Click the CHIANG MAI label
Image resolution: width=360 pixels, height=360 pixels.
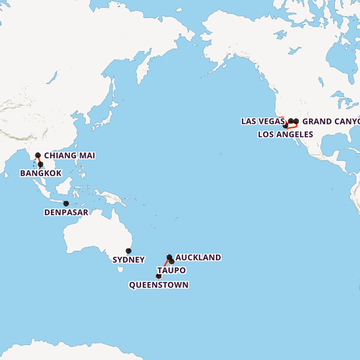tap(69, 156)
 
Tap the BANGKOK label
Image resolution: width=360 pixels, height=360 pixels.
tap(41, 174)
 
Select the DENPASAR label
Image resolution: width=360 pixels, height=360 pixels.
tap(66, 213)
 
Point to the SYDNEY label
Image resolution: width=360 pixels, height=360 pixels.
tap(129, 260)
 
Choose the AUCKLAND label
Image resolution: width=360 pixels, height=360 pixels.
tap(198, 257)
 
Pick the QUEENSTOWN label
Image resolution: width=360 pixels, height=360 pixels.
tap(158, 285)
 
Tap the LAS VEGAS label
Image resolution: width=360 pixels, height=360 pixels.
tap(263, 121)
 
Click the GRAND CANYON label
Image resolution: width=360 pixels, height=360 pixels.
tap(330, 121)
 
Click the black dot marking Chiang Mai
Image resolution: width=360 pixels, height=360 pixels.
tap(37, 155)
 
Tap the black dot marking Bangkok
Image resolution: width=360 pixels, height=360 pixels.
tap(40, 166)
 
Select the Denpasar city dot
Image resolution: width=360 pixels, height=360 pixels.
tap(66, 204)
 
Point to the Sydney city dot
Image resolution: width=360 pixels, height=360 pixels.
tap(129, 251)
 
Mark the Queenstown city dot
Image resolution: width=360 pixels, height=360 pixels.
tap(158, 276)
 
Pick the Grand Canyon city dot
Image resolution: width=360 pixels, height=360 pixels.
tap(296, 121)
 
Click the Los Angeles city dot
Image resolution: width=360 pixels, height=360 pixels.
tap(286, 126)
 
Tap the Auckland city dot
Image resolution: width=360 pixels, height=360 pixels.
tap(169, 257)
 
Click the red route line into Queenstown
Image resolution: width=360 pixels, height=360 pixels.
tap(163, 269)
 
